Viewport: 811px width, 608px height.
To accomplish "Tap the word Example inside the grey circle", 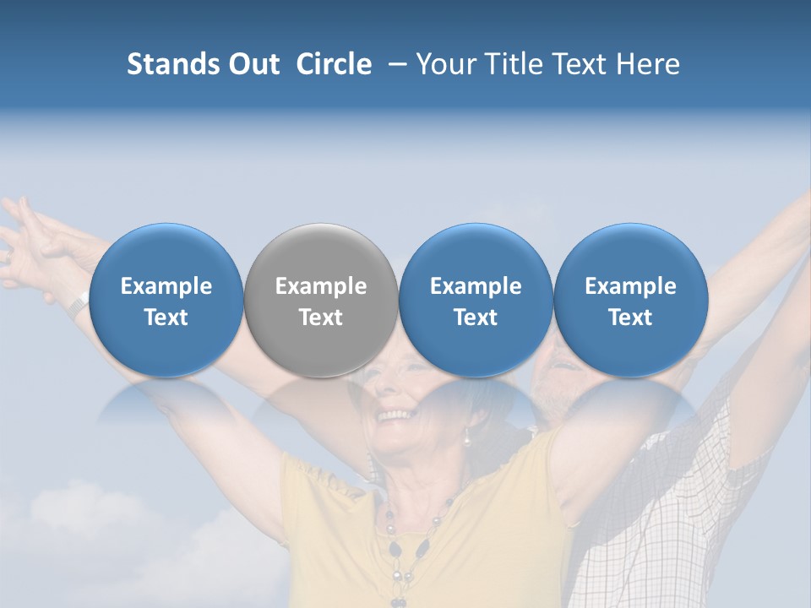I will click(x=321, y=286).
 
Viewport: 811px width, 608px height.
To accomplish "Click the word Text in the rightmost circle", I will click(x=630, y=318).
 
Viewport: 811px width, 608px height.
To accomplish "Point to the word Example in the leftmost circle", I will click(x=166, y=286).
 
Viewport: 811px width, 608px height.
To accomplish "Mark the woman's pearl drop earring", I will click(x=465, y=437).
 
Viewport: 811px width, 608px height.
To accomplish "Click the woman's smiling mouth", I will click(x=395, y=415).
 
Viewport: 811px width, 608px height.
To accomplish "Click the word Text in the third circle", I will click(x=476, y=318).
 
